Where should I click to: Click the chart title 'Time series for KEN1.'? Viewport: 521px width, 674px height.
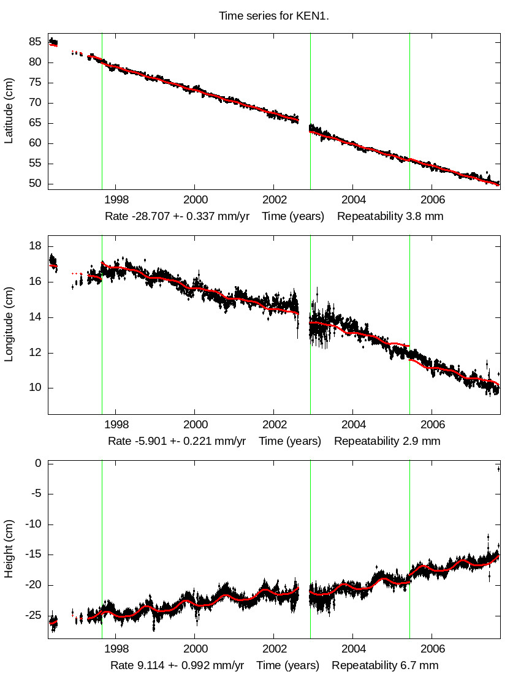[274, 16]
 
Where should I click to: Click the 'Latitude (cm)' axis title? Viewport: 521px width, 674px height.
[9, 111]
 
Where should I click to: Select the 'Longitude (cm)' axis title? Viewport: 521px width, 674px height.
[9, 325]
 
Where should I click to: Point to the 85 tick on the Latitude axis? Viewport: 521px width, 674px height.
[35, 42]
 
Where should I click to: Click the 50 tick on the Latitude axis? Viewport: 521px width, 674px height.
[35, 184]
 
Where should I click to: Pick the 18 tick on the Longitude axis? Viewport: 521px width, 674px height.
[35, 246]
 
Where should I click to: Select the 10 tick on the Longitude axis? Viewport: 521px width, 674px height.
[35, 388]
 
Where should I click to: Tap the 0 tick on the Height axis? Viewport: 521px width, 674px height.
[38, 463]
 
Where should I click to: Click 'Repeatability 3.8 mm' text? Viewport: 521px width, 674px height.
[390, 216]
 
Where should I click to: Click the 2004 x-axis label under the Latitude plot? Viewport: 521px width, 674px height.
[354, 200]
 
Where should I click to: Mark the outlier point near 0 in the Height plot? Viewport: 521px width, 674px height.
[498, 469]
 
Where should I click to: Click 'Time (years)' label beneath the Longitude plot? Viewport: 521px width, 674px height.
[290, 441]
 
